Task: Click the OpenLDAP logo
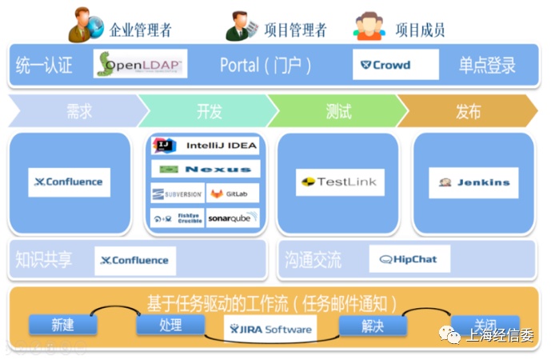140,64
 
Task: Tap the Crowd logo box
396,65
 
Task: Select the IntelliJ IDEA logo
206,146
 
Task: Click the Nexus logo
206,169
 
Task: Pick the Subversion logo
177,194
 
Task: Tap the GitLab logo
233,194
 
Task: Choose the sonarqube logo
233,218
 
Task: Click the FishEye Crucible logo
177,218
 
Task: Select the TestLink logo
339,182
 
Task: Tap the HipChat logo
409,259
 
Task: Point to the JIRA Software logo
270,329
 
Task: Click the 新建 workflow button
62,325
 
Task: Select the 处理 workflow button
170,325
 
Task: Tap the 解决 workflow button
373,325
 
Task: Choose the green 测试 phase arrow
337,111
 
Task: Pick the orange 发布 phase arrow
468,111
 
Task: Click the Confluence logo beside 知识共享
135,260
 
